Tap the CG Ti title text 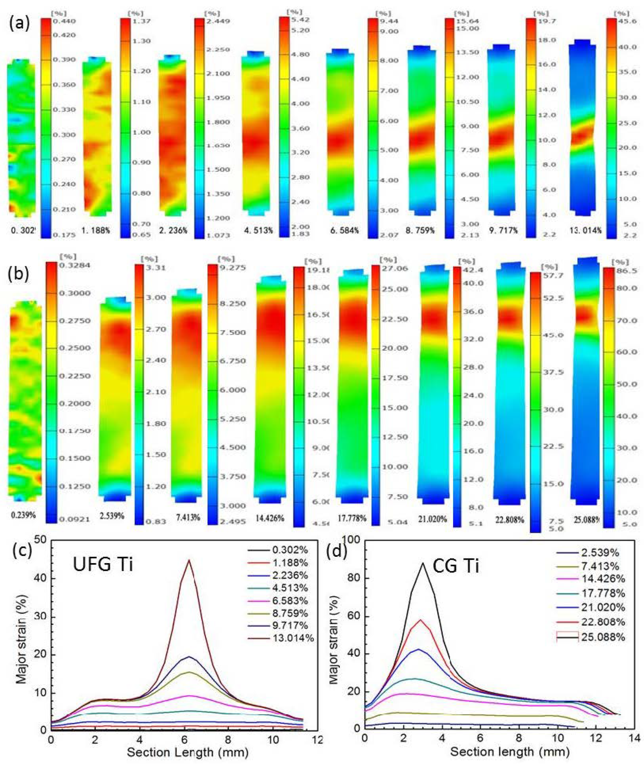point(456,567)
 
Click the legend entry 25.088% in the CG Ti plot point(603,637)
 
